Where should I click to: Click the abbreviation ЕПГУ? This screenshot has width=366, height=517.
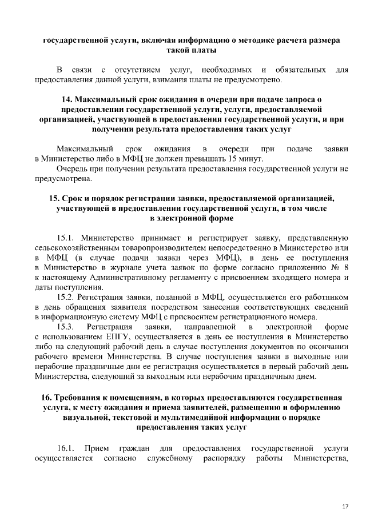(x=118, y=337)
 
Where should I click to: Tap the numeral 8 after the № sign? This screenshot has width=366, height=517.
(x=345, y=267)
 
